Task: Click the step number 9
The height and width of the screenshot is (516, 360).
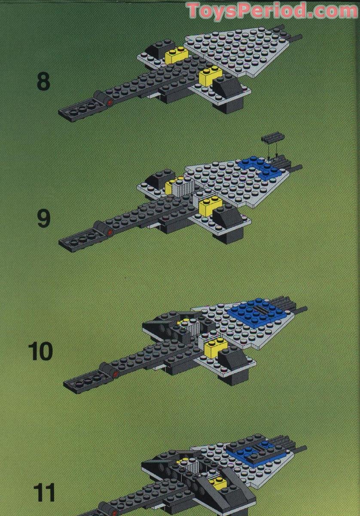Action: coord(43,218)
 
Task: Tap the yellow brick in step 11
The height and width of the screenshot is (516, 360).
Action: coord(217,482)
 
